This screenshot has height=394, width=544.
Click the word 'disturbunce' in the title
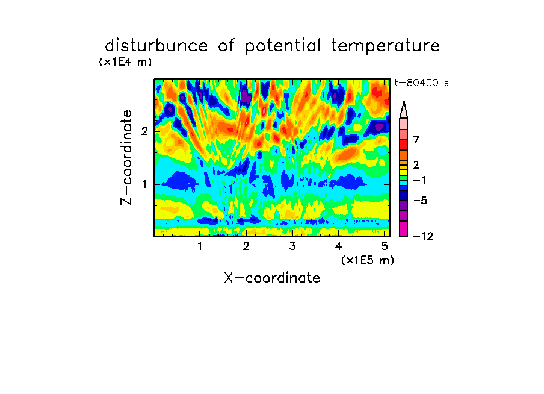[156, 46]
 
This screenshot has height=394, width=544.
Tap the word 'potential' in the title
[283, 46]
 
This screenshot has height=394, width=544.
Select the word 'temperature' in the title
[385, 46]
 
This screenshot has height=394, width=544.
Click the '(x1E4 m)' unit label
[125, 62]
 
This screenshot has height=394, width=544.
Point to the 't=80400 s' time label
[421, 83]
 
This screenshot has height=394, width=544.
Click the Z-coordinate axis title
[126, 157]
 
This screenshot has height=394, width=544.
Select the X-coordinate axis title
[272, 278]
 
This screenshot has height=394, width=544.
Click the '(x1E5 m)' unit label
[368, 260]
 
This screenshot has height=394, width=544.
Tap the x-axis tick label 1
[200, 246]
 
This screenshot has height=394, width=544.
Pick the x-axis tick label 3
[292, 246]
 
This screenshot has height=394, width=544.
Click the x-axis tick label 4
[338, 246]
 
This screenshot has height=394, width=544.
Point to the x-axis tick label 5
[385, 246]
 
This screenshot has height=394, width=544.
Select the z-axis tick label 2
[144, 131]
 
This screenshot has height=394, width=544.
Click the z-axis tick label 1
[144, 184]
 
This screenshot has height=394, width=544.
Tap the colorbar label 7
[416, 140]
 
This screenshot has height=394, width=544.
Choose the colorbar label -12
[423, 236]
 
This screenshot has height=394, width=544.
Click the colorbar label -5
[420, 201]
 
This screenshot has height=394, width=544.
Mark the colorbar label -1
[419, 180]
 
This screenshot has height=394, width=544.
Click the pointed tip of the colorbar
[404, 101]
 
